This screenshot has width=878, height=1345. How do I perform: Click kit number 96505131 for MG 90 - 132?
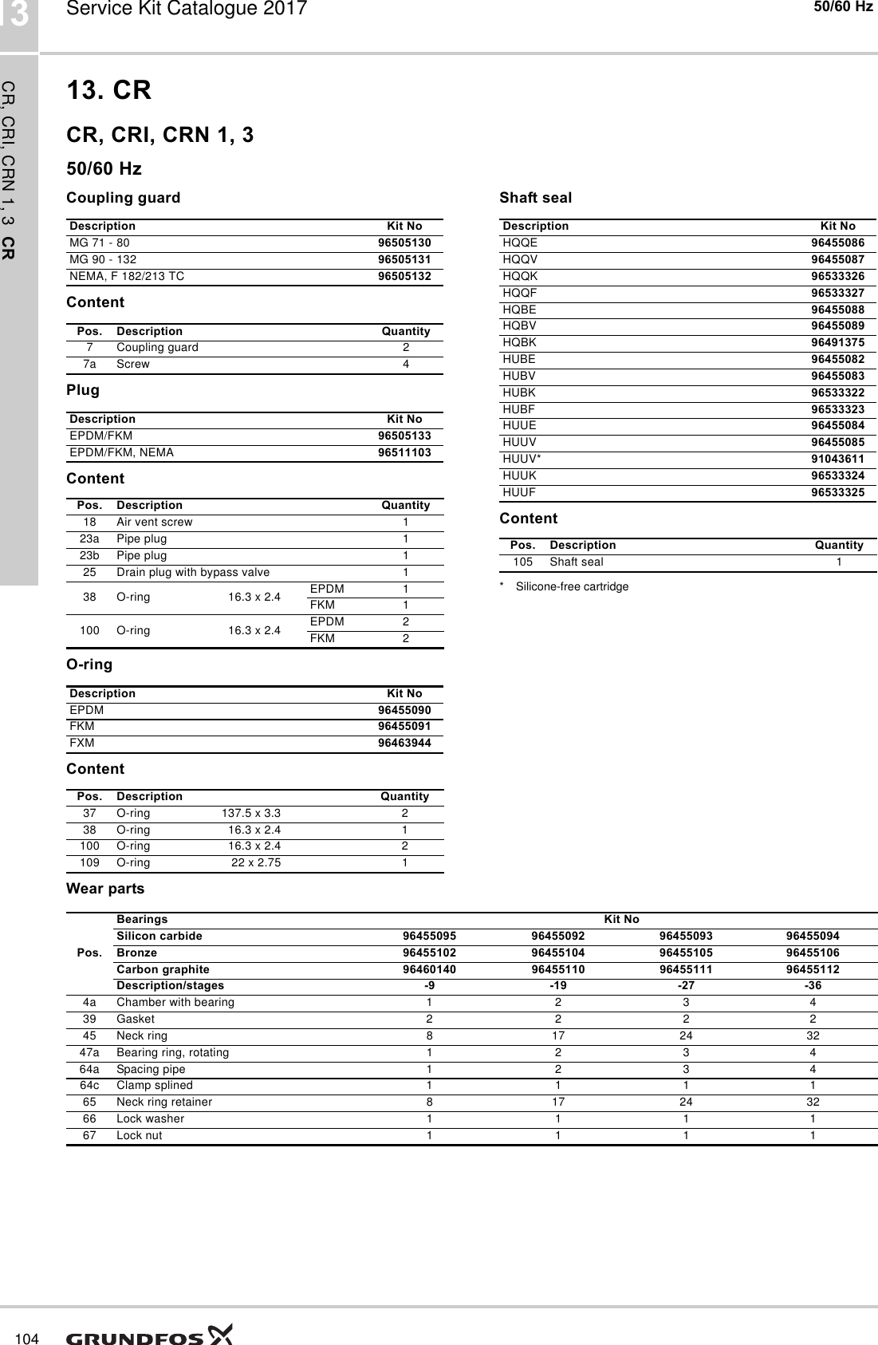coord(404,259)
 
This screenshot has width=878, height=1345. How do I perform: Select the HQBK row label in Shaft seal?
coord(520,342)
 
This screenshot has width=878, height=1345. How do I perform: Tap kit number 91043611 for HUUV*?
coord(837,459)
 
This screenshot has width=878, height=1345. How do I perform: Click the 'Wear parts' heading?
coord(105,889)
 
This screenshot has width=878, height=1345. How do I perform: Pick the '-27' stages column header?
coord(685,985)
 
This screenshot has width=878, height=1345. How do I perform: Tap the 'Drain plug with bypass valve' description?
coord(193,573)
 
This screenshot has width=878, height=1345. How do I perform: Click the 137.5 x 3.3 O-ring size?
coord(250,814)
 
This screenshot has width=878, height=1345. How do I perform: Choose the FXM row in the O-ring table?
coord(82,743)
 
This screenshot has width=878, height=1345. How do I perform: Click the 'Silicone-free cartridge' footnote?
coord(572,586)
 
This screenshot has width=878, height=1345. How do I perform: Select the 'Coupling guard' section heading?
coord(124,197)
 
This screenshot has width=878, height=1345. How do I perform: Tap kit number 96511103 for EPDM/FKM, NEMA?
coord(404,452)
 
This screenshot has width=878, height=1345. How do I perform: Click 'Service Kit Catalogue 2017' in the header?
coord(187,10)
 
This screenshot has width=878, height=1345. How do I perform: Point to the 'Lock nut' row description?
coord(140,1135)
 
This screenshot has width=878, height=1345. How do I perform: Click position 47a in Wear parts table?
coord(89,1052)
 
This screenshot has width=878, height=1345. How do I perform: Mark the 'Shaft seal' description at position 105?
coord(577,562)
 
